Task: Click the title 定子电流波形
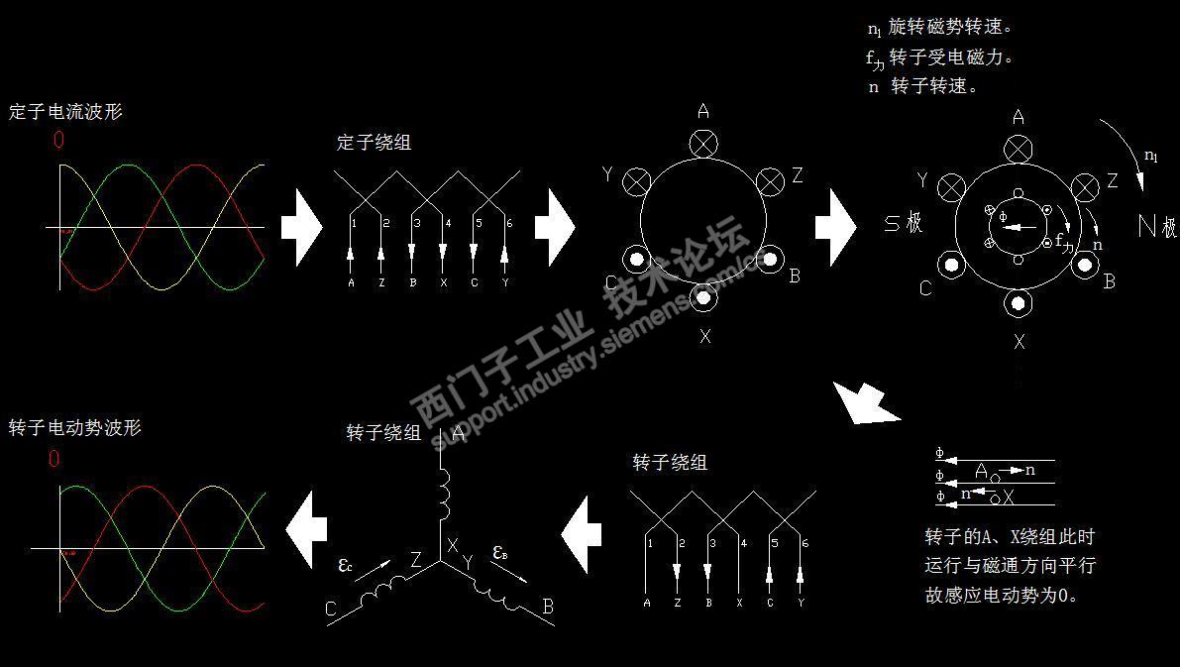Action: [x=65, y=112]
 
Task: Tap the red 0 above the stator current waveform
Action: [x=58, y=141]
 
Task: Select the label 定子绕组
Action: [x=374, y=142]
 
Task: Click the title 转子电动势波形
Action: [x=74, y=428]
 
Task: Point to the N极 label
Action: [x=1156, y=226]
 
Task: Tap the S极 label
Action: [x=904, y=222]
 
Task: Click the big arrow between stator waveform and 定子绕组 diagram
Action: [x=300, y=226]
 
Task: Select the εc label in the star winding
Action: [x=345, y=566]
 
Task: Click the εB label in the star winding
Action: [x=500, y=553]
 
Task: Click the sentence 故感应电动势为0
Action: [x=1001, y=596]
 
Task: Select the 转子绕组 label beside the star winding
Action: [x=383, y=433]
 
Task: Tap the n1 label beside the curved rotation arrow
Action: [x=1150, y=156]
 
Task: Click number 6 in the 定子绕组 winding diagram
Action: [x=508, y=224]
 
